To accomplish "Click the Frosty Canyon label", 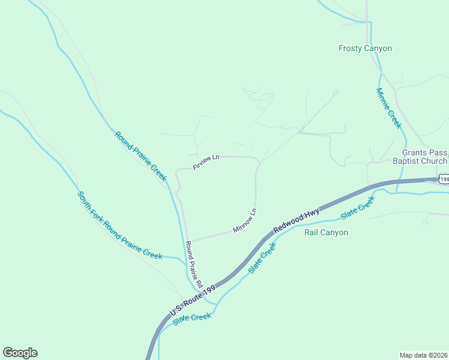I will pos(365,49).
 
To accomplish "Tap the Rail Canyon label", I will pos(326,233).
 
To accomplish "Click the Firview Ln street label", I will pos(206,161).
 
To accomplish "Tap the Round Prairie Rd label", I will pos(194,264).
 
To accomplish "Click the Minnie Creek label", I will pos(388,108).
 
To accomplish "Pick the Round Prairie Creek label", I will pos(140,156).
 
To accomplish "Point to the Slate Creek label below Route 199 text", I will pos(192,319).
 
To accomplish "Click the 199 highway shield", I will pos(444,179).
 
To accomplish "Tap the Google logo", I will pos(20,353).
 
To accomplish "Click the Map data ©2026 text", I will pos(423,355).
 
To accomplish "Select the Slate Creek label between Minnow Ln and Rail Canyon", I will pos(262,259).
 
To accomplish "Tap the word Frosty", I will pos(350,49).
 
